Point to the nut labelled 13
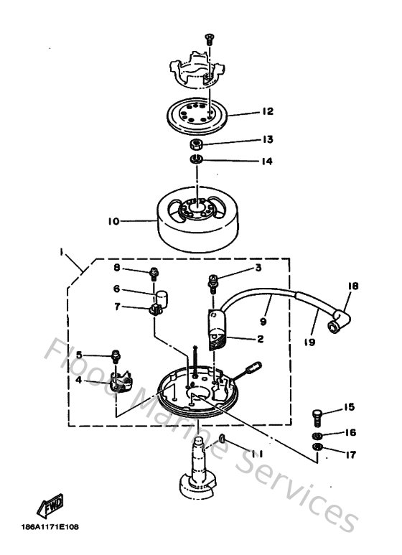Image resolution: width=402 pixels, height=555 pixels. click(x=195, y=143)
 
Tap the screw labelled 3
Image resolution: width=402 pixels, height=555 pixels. click(x=213, y=282)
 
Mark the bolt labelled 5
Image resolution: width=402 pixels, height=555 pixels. click(x=116, y=355)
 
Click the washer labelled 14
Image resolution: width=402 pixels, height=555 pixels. click(x=195, y=158)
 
